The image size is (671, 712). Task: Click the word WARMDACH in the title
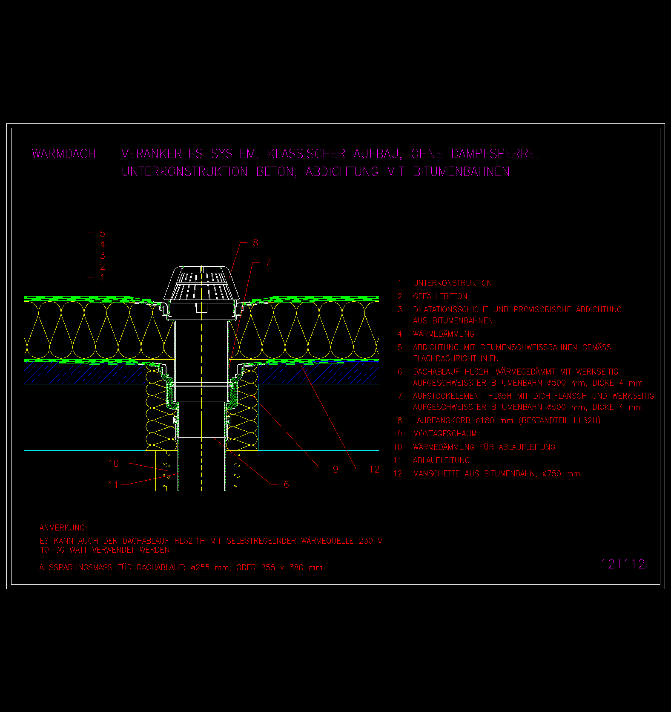pos(64,153)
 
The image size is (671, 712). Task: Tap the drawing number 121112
pos(623,564)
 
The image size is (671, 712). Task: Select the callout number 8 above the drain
pos(255,242)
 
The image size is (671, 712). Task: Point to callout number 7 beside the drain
pos(268,262)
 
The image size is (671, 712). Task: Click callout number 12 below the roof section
pos(374,469)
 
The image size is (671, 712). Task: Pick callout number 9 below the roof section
pos(335,469)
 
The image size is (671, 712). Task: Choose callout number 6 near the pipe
pos(286,484)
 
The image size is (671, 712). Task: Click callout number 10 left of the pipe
pos(114,463)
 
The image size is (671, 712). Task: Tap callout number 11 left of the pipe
pos(113,484)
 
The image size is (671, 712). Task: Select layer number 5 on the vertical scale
pos(102,233)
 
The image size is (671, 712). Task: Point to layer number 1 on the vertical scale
pos(102,277)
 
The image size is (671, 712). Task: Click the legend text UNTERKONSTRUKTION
pos(452,283)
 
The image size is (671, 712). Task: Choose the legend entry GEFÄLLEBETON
pos(440,296)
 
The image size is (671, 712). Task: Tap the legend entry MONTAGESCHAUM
pos(444,433)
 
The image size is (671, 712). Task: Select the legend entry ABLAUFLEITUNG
pos(441,460)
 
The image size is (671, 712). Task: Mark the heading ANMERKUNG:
pos(63,528)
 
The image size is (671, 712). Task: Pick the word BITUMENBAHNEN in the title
pos(462,171)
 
